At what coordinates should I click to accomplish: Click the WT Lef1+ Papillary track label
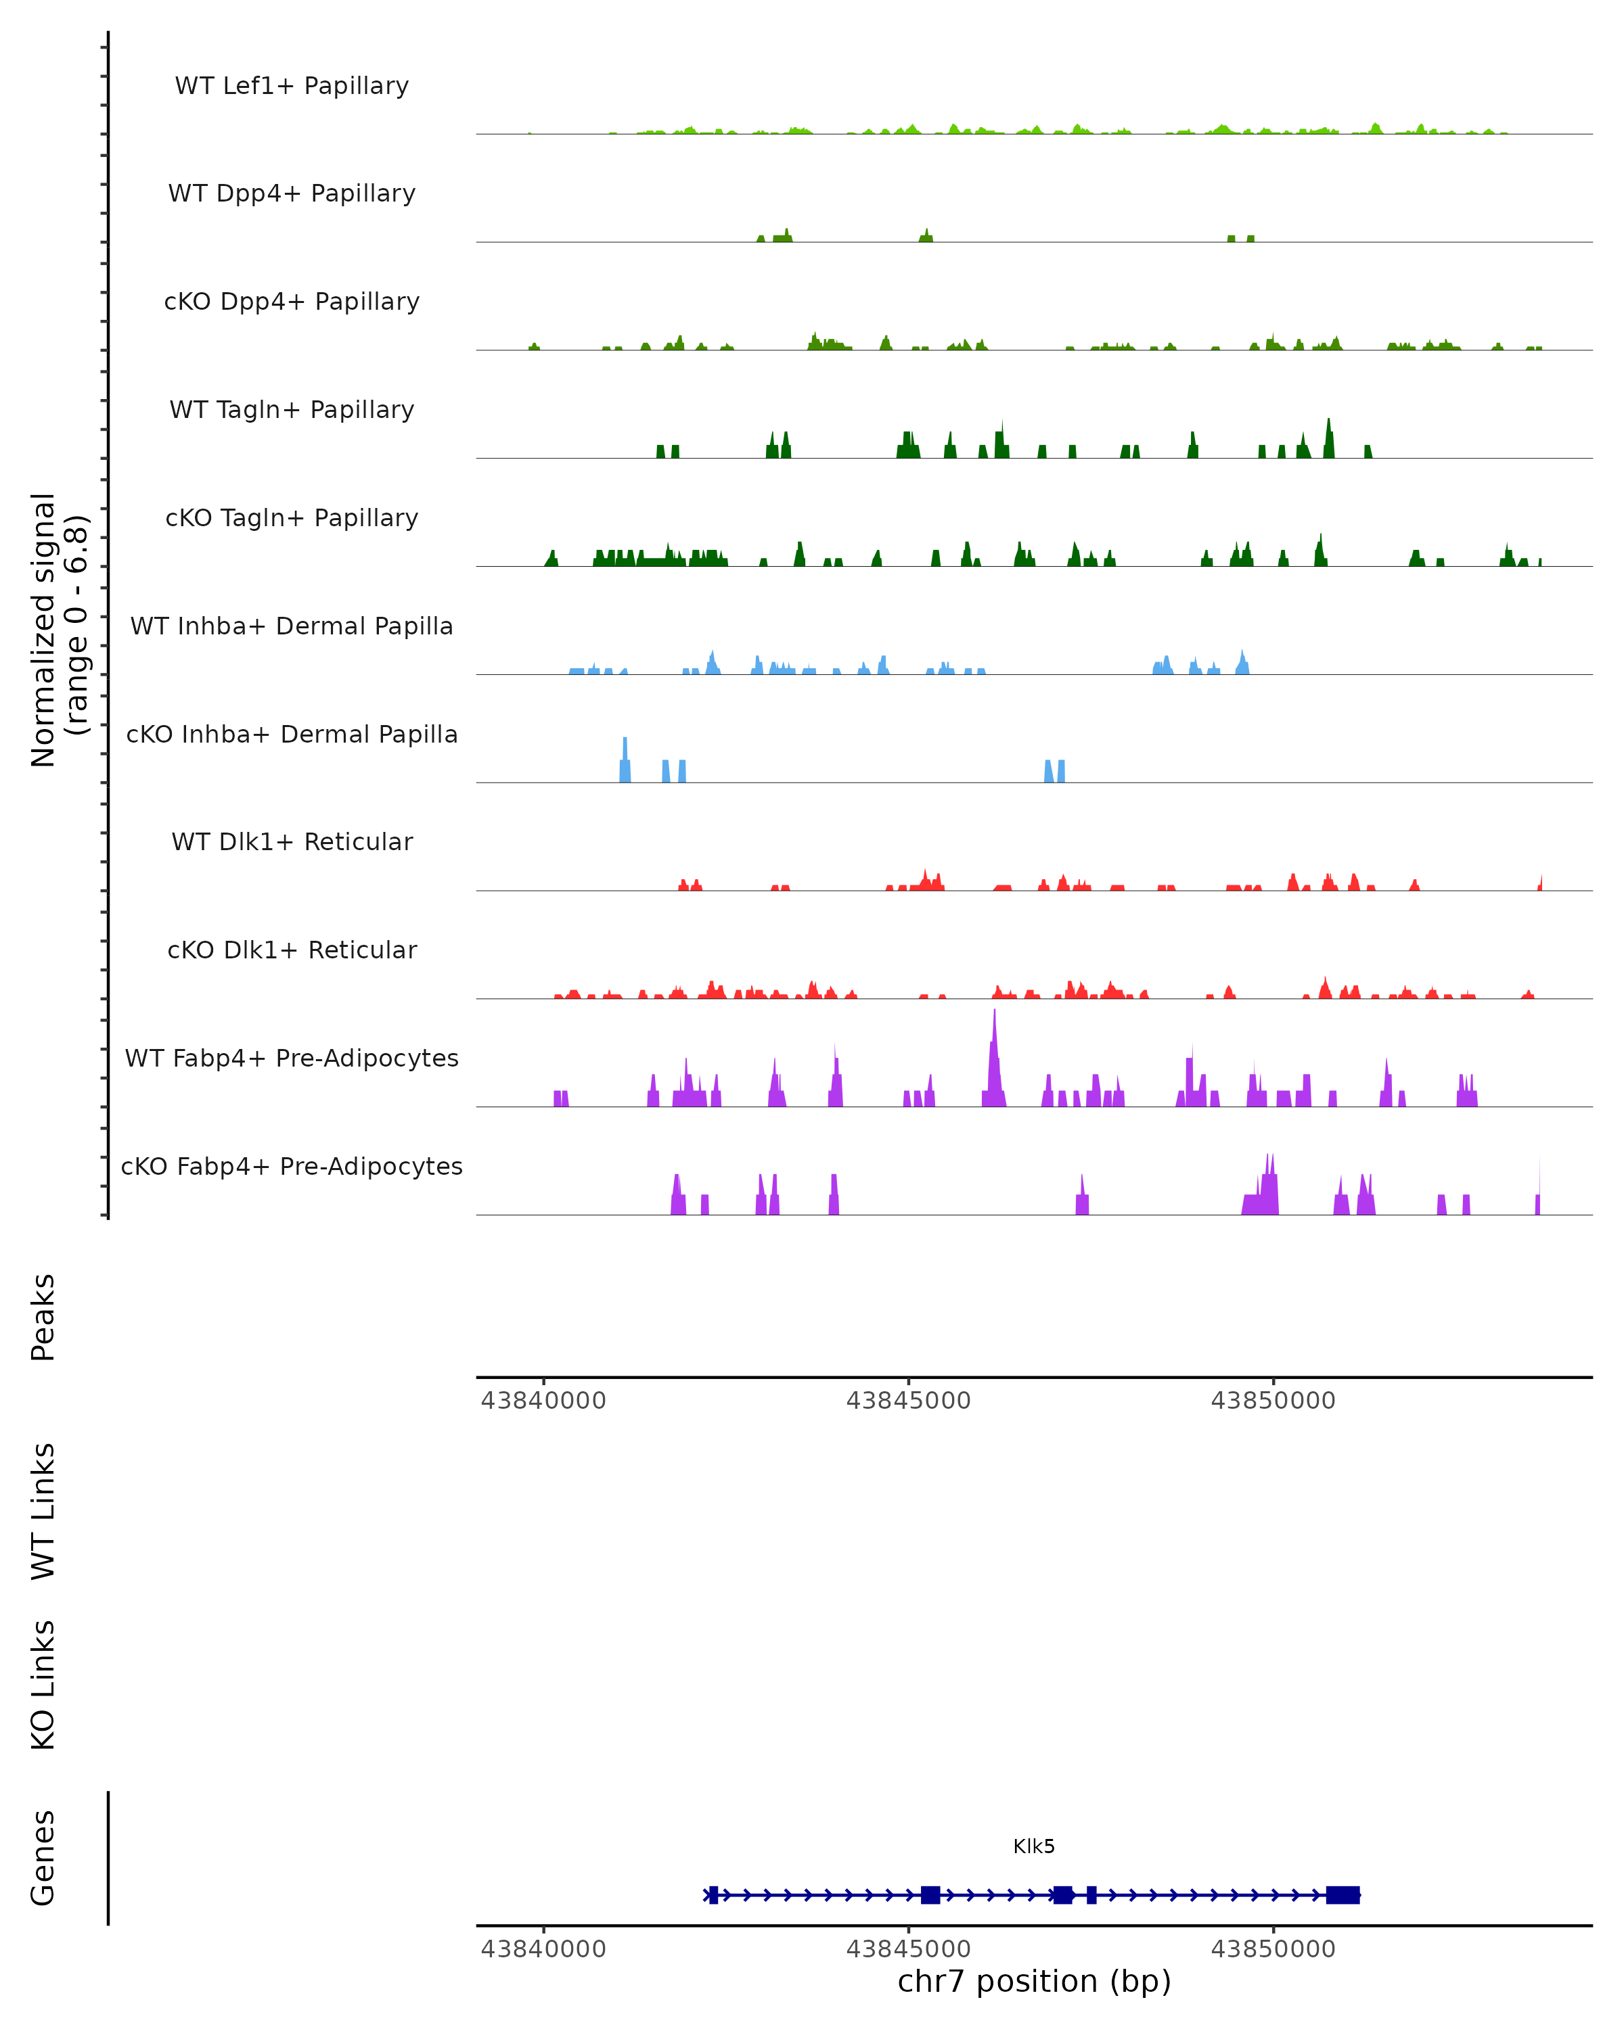(292, 86)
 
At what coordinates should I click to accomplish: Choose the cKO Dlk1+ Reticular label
(292, 950)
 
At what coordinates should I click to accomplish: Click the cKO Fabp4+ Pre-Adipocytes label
(292, 1166)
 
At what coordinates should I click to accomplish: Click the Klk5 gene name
(1034, 1846)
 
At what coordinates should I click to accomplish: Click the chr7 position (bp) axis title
(1034, 1982)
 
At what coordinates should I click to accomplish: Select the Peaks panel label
(43, 1317)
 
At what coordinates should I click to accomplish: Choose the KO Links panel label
(43, 1685)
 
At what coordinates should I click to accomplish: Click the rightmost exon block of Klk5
(1343, 1894)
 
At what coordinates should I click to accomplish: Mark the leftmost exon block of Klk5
(714, 1894)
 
